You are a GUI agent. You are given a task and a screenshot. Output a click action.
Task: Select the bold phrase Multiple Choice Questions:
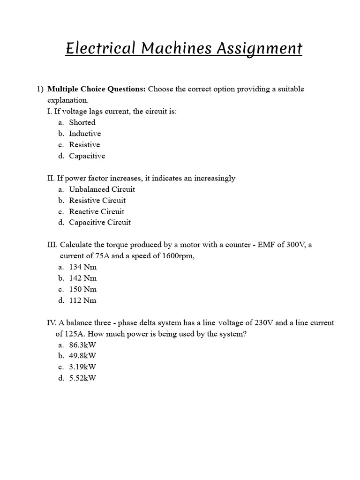point(97,89)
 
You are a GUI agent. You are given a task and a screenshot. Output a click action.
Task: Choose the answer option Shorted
point(82,122)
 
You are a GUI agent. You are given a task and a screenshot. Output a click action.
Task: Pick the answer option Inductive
point(85,134)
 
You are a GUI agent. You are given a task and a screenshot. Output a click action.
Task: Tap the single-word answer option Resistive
point(84,145)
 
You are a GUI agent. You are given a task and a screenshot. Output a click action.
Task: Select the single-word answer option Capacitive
point(87,156)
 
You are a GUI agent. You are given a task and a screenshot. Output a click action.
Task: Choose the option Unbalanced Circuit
point(102,189)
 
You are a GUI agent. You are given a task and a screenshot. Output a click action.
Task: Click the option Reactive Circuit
point(97,211)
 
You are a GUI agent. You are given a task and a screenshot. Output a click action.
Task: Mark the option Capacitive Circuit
point(100,223)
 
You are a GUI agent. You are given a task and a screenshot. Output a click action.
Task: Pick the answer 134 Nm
point(83,267)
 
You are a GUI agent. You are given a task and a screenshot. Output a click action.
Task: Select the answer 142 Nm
point(83,278)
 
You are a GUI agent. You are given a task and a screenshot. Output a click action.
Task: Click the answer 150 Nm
point(83,289)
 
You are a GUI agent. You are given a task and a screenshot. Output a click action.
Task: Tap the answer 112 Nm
point(83,300)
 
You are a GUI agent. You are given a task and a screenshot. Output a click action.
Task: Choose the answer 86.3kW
point(82,345)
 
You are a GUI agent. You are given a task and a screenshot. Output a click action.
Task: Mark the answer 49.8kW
point(82,356)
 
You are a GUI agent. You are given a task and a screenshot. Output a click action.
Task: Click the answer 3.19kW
point(82,367)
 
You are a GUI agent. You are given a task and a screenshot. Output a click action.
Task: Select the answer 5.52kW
point(82,378)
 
